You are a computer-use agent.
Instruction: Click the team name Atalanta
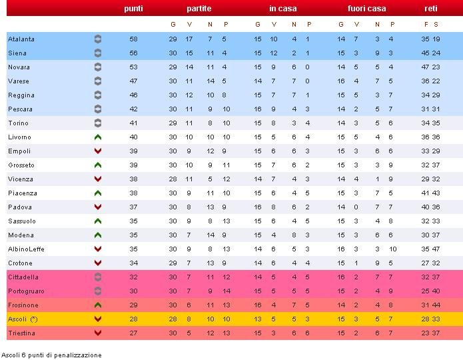tap(21, 39)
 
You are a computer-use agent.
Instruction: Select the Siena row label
tap(17, 53)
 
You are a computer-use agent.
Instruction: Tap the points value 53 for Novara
tap(133, 67)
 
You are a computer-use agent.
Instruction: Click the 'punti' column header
tap(133, 9)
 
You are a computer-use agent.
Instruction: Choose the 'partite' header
tap(199, 9)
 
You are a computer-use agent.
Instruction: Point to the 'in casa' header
tap(283, 9)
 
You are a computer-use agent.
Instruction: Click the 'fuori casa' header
tap(366, 9)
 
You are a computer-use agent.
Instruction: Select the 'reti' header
tap(431, 9)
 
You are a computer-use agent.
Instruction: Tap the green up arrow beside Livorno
tap(98, 137)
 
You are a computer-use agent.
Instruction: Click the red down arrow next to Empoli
tap(98, 151)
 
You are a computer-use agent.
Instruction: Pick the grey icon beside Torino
tap(98, 123)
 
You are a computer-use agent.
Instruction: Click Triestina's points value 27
tap(133, 333)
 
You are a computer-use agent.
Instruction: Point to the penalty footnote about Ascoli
tap(51, 355)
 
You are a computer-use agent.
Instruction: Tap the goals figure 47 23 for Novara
tap(430, 67)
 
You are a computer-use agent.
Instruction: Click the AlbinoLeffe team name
tap(26, 249)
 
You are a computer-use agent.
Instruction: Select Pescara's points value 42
tap(133, 109)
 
